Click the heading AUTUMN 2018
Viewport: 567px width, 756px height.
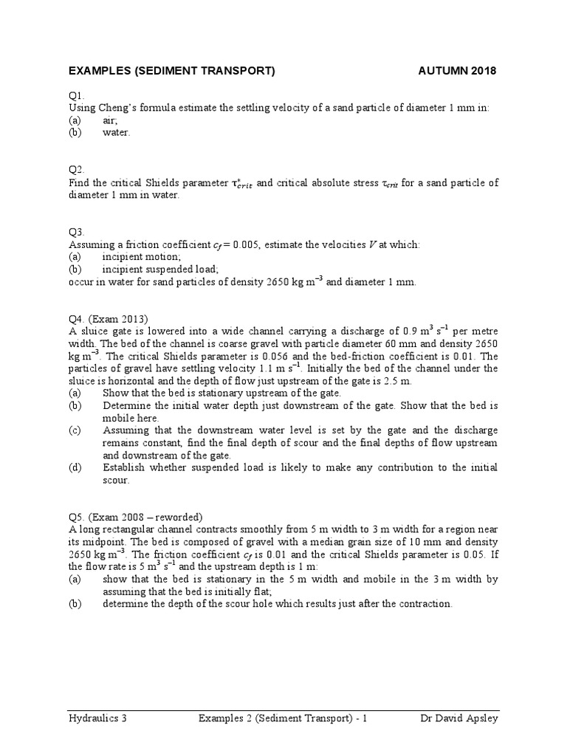click(x=458, y=71)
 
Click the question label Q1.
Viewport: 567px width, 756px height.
click(x=77, y=96)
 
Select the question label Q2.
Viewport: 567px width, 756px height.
click(x=77, y=170)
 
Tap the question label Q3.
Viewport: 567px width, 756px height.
click(x=77, y=232)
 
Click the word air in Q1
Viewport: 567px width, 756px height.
click(x=110, y=120)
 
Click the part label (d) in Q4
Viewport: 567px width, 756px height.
click(x=75, y=467)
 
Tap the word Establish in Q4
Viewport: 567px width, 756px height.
click(x=126, y=467)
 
